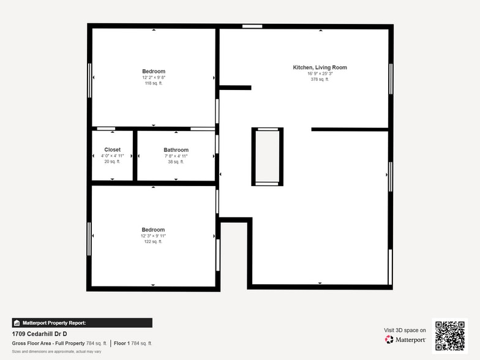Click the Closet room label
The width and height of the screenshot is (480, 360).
pos(113,149)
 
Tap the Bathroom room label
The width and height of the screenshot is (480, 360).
pos(176,150)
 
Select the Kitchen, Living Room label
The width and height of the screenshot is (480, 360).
pos(320,67)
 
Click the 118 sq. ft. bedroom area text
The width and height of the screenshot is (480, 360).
pos(154,83)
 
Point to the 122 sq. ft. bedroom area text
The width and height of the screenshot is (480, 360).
pos(154,242)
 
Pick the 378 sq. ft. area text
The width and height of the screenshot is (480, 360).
pos(320,79)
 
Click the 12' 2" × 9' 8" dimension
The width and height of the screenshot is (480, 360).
pos(154,78)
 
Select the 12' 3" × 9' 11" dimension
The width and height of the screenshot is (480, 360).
pos(154,236)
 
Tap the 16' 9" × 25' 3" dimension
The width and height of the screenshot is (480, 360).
pos(320,73)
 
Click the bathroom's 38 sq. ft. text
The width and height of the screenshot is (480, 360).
pos(176,162)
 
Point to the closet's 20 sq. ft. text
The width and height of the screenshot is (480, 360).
pos(113,162)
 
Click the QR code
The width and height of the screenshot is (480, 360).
pos(449,335)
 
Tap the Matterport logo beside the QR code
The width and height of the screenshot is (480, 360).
pos(405,339)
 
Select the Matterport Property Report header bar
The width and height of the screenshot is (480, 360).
pos(82,323)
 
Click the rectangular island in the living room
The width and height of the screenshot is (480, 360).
pos(268,157)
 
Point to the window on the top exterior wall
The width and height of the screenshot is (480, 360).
pos(252,26)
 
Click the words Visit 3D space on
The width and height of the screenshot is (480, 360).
pos(405,330)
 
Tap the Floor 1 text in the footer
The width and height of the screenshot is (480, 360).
pos(121,343)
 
